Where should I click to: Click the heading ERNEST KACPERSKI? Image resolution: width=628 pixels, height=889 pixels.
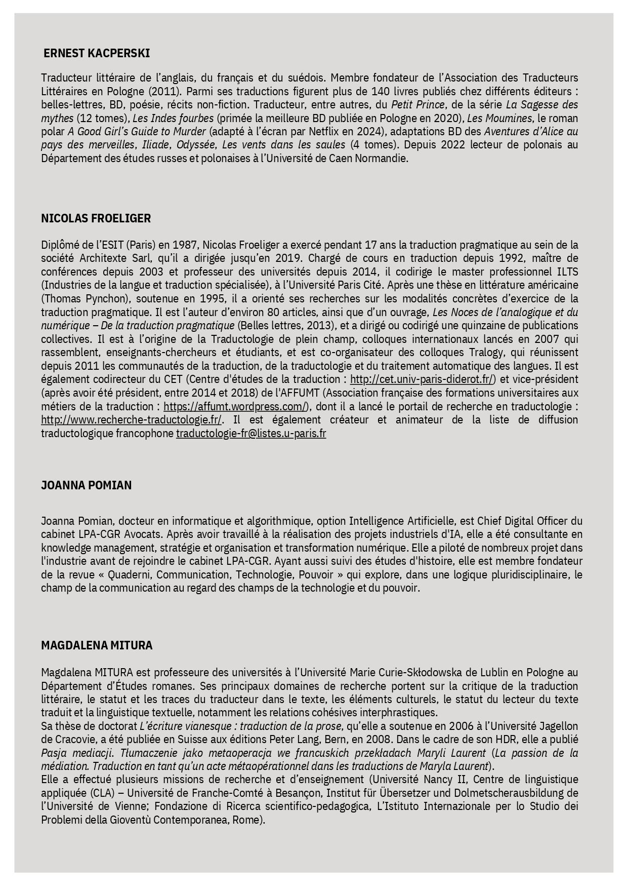(97, 53)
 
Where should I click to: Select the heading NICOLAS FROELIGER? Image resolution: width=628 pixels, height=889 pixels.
(96, 218)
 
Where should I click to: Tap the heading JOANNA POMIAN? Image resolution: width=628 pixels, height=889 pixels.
(86, 485)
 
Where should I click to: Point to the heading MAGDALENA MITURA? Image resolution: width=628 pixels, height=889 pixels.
(97, 645)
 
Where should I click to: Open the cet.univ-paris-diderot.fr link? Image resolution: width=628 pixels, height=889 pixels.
(422, 379)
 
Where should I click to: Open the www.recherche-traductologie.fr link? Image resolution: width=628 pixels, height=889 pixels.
(132, 420)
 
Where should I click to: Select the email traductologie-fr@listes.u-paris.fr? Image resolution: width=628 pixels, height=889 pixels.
(251, 434)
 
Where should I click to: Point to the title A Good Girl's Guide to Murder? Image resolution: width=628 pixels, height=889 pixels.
(137, 132)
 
